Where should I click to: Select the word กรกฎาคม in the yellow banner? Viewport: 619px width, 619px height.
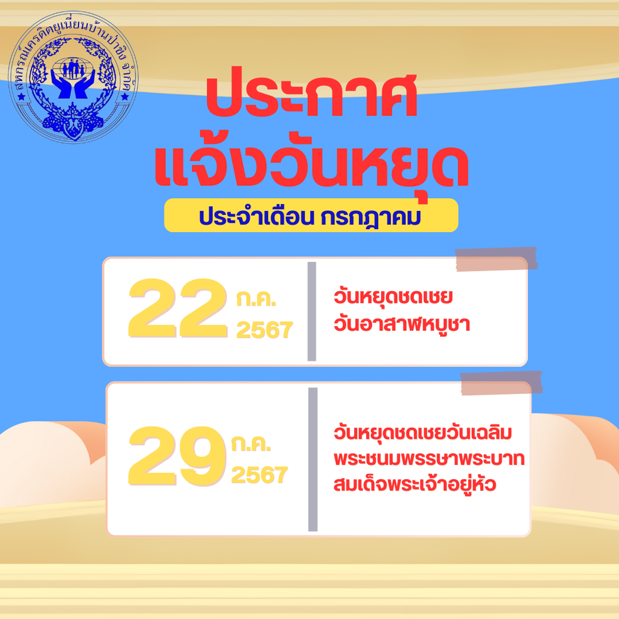(x=371, y=217)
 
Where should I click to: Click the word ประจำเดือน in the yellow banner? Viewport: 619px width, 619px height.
(x=256, y=216)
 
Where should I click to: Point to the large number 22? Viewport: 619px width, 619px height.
(x=177, y=308)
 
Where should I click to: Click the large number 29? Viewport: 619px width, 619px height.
(x=177, y=455)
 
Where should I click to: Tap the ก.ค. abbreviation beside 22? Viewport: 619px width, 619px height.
(x=256, y=299)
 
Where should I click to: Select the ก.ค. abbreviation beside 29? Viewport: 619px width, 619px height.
(x=251, y=444)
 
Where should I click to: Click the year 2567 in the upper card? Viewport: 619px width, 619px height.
(x=264, y=330)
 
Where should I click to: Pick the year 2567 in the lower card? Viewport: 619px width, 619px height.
(x=260, y=474)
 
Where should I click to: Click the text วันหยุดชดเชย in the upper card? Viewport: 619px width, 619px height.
(x=393, y=297)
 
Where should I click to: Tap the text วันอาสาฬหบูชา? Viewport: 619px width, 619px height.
(x=402, y=324)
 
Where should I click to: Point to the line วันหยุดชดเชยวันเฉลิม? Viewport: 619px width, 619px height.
(x=423, y=432)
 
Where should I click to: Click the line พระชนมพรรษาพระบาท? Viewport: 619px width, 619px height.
(x=429, y=459)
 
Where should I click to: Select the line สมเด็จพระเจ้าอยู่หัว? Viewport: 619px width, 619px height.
(x=414, y=484)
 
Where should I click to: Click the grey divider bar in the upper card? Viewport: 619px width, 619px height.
(x=312, y=311)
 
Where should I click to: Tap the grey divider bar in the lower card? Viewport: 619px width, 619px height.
(x=312, y=459)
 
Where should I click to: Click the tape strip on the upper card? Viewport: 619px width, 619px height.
(x=496, y=259)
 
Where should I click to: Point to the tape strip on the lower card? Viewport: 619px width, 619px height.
(x=501, y=383)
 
